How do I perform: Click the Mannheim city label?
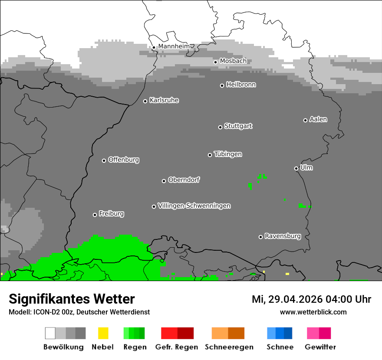(x=174, y=46)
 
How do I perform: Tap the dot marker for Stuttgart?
(x=220, y=127)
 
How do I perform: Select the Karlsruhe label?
(x=164, y=100)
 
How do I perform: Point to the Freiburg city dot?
(x=95, y=215)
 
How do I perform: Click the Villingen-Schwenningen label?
(x=194, y=206)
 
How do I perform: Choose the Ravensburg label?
(x=283, y=236)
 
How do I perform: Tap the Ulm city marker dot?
(x=296, y=168)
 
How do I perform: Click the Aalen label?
(x=318, y=119)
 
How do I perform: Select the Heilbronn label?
(x=241, y=85)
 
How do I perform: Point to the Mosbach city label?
(x=233, y=61)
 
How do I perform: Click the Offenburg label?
(x=123, y=160)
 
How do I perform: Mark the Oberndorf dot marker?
(x=164, y=181)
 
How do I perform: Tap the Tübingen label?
(x=228, y=154)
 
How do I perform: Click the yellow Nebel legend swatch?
(x=103, y=333)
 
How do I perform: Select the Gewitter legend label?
(x=320, y=347)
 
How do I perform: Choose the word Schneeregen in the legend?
(x=229, y=347)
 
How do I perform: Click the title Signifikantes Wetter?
(x=72, y=299)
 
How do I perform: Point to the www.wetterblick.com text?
(x=313, y=312)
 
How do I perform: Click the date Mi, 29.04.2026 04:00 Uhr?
(x=311, y=299)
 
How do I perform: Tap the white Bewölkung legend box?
(x=50, y=333)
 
